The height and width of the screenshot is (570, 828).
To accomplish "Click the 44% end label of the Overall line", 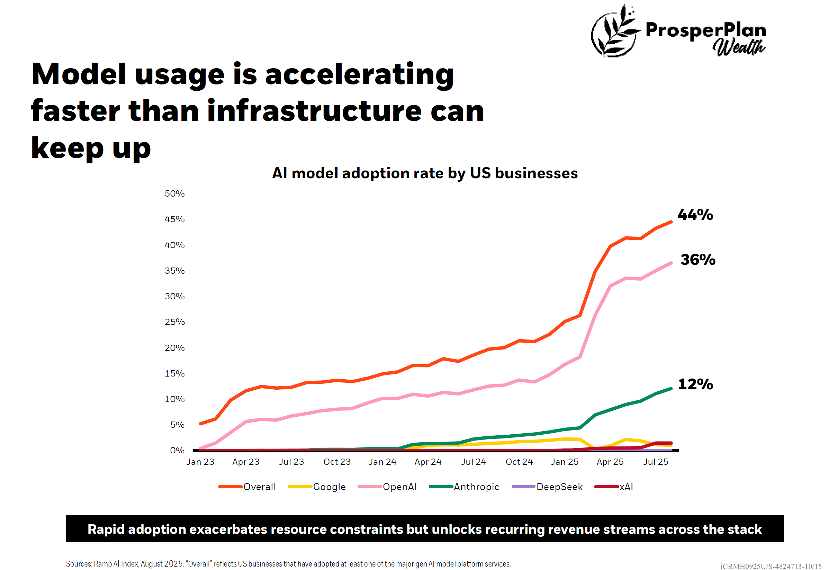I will [695, 215].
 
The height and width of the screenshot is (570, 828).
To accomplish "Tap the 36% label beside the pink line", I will [697, 260].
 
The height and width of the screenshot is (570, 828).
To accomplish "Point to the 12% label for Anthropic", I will [695, 384].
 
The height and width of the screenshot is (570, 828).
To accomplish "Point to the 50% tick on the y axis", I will [174, 193].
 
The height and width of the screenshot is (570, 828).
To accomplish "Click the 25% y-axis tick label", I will [174, 322].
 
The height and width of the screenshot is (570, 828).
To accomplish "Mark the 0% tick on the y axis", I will [177, 450].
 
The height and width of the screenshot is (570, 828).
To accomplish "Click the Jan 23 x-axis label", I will [200, 462].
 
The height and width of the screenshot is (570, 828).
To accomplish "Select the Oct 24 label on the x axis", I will [519, 462].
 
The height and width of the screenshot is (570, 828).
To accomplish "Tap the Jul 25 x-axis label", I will [656, 462].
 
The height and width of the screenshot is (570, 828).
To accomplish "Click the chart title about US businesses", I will [425, 173].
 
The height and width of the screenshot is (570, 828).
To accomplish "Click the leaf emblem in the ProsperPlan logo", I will [614, 31].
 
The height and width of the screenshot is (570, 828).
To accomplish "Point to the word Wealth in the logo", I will [739, 47].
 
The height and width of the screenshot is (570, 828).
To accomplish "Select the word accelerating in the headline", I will [359, 74].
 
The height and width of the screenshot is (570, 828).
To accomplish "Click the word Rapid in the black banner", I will [105, 529].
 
